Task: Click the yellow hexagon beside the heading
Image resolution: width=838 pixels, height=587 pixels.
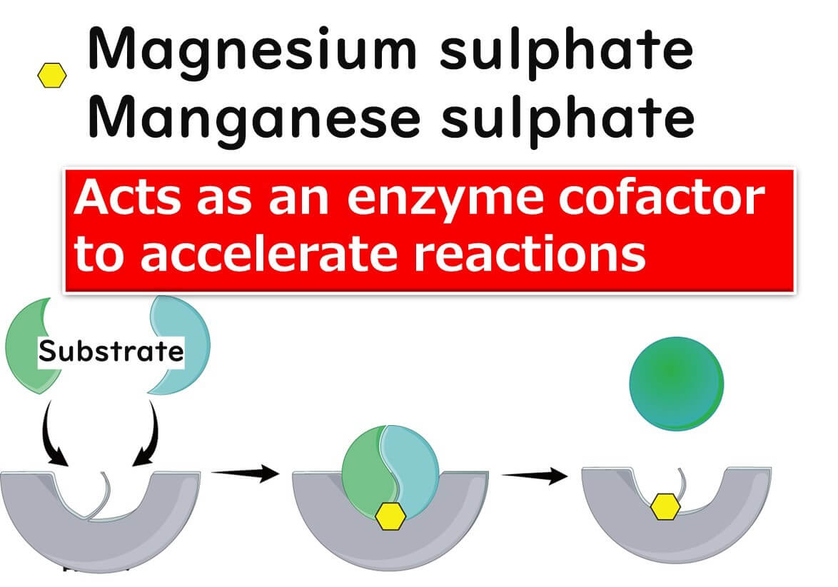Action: (x=52, y=75)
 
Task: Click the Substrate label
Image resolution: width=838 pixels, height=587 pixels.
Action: (x=111, y=352)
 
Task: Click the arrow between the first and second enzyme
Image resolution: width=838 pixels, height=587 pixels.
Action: (x=245, y=472)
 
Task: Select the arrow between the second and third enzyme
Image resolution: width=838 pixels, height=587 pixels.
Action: (x=535, y=476)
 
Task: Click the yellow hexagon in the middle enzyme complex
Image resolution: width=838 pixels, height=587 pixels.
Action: (x=390, y=515)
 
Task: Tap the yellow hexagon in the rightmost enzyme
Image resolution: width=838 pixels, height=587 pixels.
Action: (x=665, y=507)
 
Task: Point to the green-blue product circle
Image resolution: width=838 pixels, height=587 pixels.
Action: (x=676, y=384)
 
